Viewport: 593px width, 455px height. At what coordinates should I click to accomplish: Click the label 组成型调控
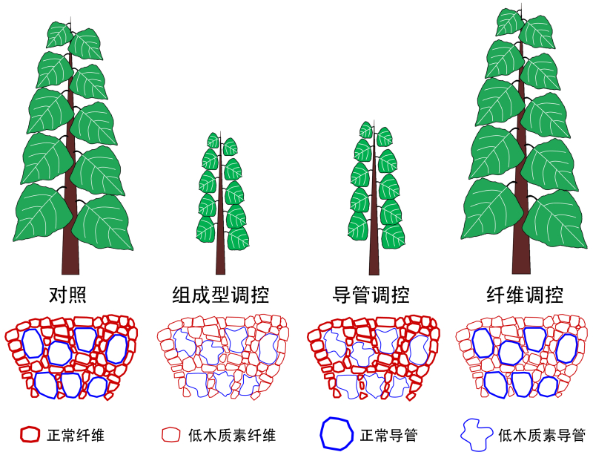coord(216,295)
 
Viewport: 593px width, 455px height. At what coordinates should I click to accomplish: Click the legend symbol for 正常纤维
coord(29,434)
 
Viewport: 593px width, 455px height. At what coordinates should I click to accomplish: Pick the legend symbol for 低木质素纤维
coord(171,434)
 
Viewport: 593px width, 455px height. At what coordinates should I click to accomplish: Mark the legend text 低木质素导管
coord(542,435)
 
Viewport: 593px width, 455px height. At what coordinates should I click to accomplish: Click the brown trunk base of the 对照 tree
coord(70,263)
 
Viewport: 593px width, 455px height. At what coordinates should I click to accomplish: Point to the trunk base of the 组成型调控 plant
coord(220,267)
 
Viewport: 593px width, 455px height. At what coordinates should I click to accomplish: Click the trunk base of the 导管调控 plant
coord(374,267)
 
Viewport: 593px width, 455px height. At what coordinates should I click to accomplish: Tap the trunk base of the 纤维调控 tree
coord(522,263)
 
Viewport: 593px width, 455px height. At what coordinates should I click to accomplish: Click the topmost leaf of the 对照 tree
coord(59,33)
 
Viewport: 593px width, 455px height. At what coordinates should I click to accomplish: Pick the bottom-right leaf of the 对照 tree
coord(104,222)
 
